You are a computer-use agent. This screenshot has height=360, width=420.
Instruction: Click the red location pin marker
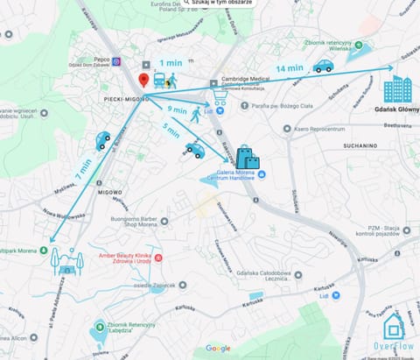click(143, 80)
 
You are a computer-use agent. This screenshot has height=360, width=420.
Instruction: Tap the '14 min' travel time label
click(289, 68)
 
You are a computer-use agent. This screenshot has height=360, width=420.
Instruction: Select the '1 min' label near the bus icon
click(170, 63)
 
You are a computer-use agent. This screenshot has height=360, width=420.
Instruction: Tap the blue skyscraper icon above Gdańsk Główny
click(397, 88)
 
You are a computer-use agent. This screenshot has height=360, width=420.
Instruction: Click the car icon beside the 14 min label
click(324, 66)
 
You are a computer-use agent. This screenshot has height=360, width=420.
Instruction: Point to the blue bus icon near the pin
click(159, 81)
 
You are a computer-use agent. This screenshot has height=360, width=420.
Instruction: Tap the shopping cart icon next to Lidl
click(219, 99)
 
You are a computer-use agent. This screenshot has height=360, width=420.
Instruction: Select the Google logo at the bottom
click(218, 348)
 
